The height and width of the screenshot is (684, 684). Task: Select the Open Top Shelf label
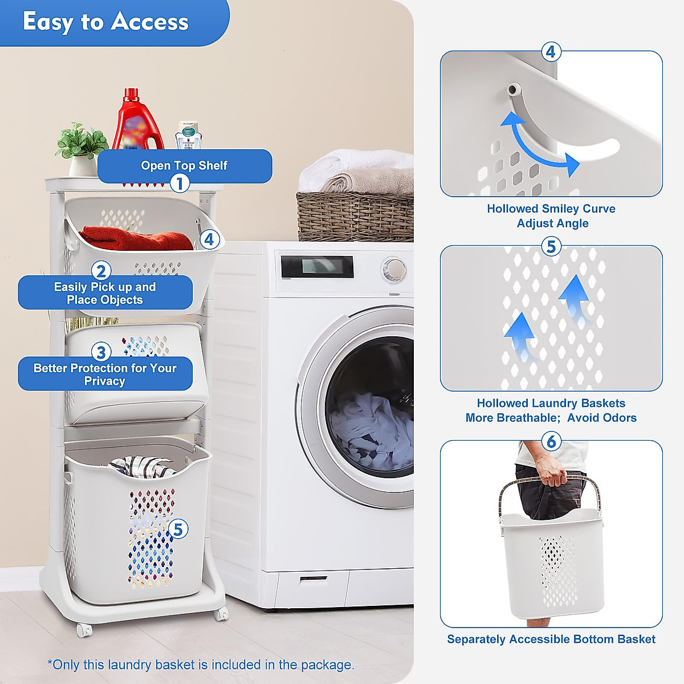(184, 165)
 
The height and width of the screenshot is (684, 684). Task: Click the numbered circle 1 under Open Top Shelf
(180, 184)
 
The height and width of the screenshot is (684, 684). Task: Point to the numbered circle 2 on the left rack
(101, 271)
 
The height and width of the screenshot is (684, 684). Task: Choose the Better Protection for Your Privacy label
(105, 374)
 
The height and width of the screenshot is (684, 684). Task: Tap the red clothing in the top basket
(137, 238)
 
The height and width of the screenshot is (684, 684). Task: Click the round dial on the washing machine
(394, 267)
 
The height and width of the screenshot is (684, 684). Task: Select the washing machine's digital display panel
(317, 267)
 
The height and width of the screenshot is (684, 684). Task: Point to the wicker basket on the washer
(355, 217)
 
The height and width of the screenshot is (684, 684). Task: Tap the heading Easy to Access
(106, 22)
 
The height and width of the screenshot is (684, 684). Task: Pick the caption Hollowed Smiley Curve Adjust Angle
(551, 216)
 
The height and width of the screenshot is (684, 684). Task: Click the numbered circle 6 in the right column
(551, 441)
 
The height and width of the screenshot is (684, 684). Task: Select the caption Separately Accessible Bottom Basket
(551, 640)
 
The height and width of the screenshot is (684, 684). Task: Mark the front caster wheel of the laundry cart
(84, 630)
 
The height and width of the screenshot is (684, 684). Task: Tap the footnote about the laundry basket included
(201, 665)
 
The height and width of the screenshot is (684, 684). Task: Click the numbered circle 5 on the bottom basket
(178, 530)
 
